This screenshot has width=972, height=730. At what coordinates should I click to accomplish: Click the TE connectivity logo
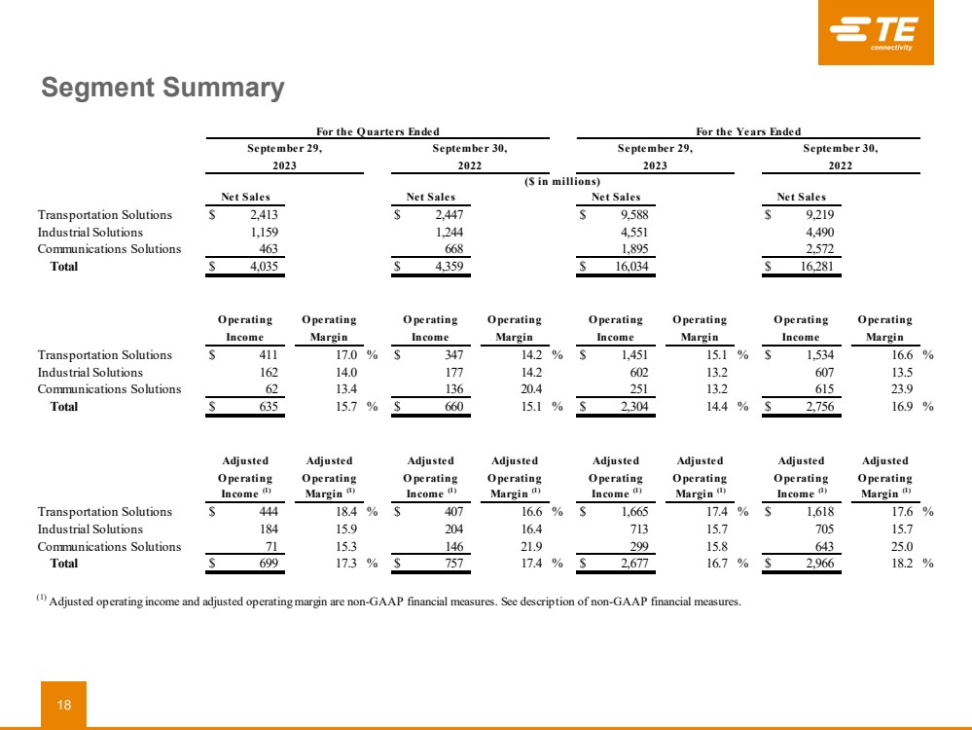click(876, 34)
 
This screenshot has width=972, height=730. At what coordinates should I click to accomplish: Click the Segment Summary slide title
click(162, 89)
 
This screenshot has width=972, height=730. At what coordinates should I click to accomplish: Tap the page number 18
click(63, 705)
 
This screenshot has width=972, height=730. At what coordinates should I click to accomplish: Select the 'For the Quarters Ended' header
click(378, 132)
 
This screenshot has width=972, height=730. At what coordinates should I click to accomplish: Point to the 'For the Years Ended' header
click(748, 132)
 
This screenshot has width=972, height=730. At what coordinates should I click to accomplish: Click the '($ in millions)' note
click(563, 181)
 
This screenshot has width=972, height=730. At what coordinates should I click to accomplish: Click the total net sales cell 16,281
click(814, 266)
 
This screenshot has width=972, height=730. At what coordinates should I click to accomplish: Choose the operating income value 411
click(268, 355)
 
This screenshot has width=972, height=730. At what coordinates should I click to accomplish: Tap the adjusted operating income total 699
click(268, 564)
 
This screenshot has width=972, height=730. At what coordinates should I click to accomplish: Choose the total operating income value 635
click(268, 407)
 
